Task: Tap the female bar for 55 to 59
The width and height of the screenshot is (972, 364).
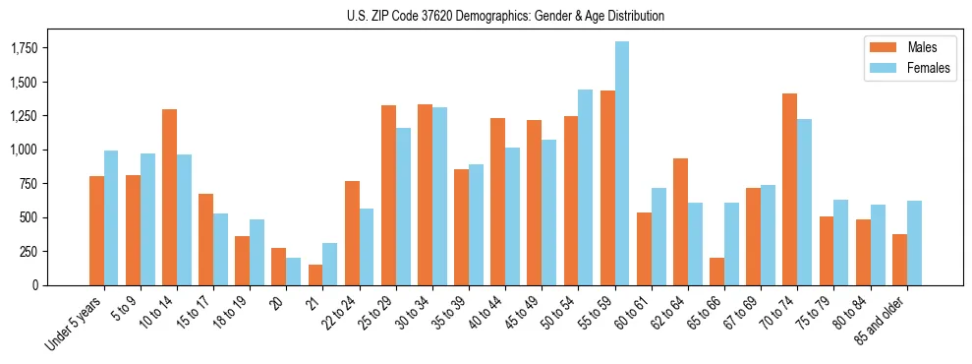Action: click(x=622, y=163)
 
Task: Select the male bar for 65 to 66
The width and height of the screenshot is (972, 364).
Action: click(x=716, y=272)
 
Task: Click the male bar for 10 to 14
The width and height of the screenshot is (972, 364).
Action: click(x=169, y=197)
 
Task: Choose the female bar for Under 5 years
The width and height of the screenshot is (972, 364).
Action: click(x=111, y=217)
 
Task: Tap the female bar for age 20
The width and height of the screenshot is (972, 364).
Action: click(x=294, y=272)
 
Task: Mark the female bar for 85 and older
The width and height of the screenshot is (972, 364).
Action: click(x=914, y=243)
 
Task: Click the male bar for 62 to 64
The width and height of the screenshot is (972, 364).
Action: click(x=680, y=221)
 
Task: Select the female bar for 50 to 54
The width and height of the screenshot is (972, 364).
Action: click(x=586, y=187)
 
